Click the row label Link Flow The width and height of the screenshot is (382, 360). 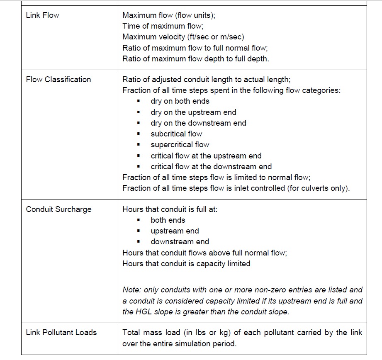[42, 15]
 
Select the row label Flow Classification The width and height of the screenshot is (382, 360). [58, 80]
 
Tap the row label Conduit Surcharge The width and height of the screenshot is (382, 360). [58, 209]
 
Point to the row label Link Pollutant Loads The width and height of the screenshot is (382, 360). [61, 333]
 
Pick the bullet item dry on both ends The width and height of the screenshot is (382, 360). [180, 101]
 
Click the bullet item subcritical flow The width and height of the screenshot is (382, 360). [176, 134]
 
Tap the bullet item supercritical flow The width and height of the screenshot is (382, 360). [180, 145]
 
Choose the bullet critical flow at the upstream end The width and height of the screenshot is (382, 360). [206, 156]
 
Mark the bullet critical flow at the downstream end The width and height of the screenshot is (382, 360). [211, 167]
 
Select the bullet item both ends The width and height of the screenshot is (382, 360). [168, 220]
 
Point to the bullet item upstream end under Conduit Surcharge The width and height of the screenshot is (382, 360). [175, 231]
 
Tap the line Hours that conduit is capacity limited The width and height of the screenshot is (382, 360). [186, 263]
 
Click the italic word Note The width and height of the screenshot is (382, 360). [131, 290]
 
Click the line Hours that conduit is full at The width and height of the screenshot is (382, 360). [170, 209]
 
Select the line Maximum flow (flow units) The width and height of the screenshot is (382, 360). [169, 15]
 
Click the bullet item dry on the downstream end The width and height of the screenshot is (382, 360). [198, 123]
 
